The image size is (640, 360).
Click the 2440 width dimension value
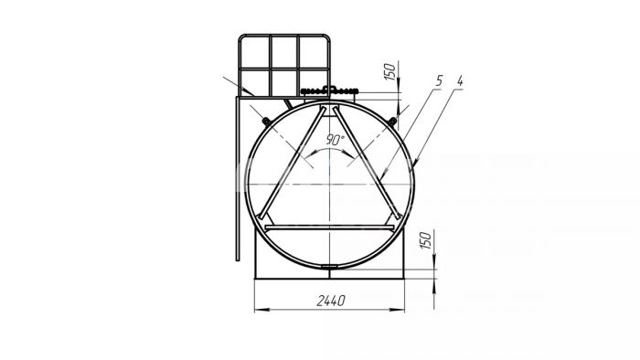click(x=331, y=301)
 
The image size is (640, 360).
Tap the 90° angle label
click(x=336, y=140)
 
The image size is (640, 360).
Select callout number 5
click(x=439, y=80)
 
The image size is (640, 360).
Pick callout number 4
click(x=460, y=80)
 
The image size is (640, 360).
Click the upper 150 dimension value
click(x=390, y=71)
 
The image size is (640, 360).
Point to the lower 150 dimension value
click(x=425, y=240)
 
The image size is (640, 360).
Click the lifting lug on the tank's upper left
click(x=267, y=122)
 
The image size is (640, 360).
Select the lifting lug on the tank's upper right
click(x=392, y=121)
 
